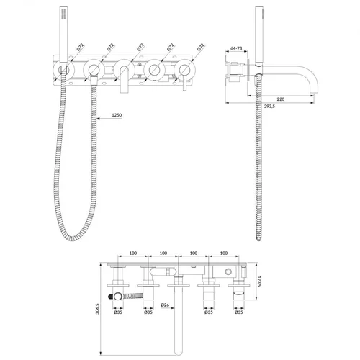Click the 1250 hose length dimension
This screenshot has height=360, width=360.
click(117, 115)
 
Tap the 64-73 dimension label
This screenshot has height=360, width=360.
click(236, 48)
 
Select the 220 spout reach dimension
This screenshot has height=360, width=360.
click(280, 99)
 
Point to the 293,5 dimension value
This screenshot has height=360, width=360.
click(269, 107)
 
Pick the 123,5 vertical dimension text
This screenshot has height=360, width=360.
click(259, 282)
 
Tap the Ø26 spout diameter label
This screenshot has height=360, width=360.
click(165, 305)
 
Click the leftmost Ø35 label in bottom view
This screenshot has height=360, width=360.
click(118, 312)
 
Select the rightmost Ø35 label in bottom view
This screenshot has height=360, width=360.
click(239, 312)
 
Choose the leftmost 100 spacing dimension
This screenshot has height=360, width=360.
click(133, 253)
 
